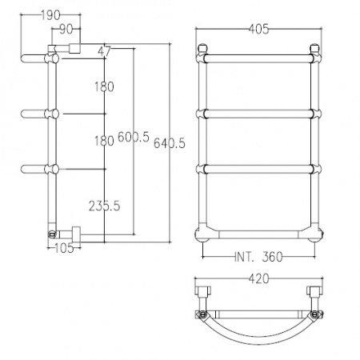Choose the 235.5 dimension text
(106, 206)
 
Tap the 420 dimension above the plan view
(257, 279)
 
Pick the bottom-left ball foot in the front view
(204, 235)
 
